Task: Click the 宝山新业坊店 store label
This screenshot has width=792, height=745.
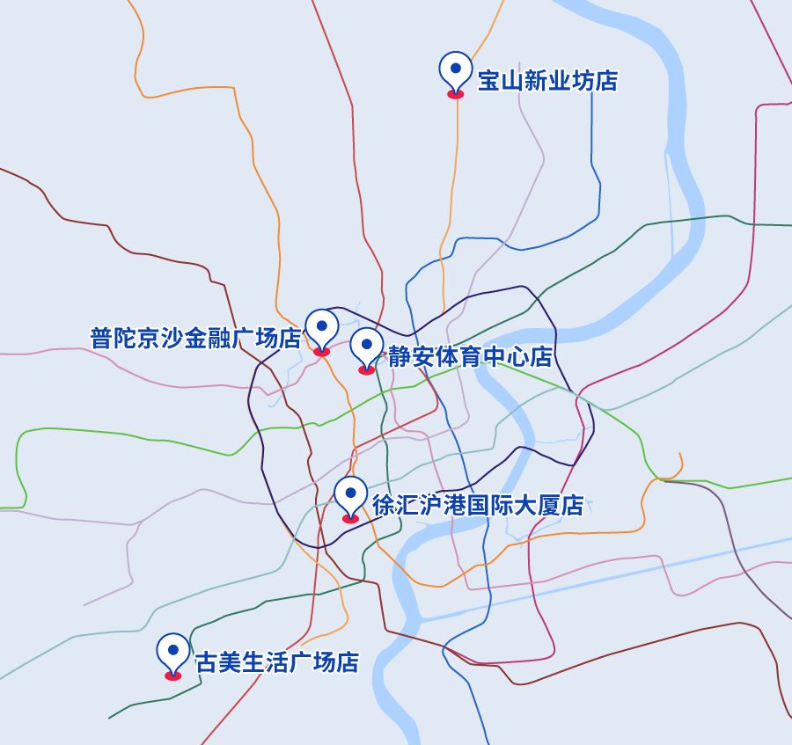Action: tap(547, 82)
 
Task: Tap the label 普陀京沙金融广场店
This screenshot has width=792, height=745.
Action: tap(195, 339)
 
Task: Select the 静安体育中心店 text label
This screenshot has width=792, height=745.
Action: tap(470, 357)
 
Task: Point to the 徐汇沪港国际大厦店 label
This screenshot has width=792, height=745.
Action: tap(478, 506)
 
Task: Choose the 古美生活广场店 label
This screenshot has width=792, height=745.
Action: tap(276, 662)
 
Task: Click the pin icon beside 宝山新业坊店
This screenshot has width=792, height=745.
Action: tap(456, 69)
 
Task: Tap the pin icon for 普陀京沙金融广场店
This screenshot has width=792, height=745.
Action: tap(321, 327)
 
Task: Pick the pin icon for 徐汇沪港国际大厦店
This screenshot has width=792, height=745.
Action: tap(350, 494)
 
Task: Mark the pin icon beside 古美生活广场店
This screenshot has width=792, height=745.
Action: tap(172, 652)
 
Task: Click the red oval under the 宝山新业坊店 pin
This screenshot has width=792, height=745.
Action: tap(456, 93)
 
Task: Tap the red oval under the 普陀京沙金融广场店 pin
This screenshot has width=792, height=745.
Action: tap(321, 352)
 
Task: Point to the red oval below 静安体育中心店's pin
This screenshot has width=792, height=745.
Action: tap(367, 370)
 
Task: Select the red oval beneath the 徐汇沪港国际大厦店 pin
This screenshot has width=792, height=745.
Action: tap(350, 519)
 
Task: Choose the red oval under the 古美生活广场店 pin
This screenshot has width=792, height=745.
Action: tap(172, 676)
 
